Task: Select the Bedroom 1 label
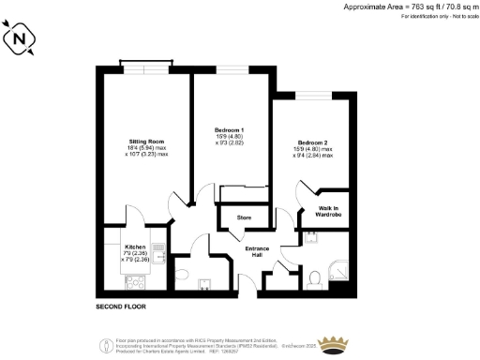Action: tap(230, 129)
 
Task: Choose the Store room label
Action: tap(244, 217)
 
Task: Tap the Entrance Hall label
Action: tap(257, 252)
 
